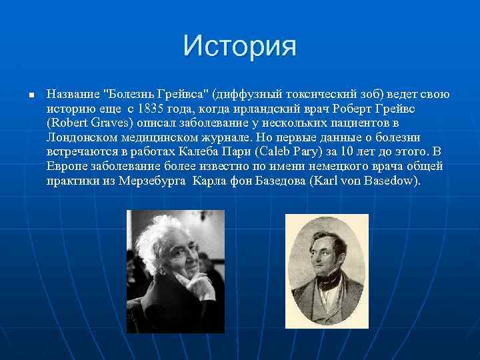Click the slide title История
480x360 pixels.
240,47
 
